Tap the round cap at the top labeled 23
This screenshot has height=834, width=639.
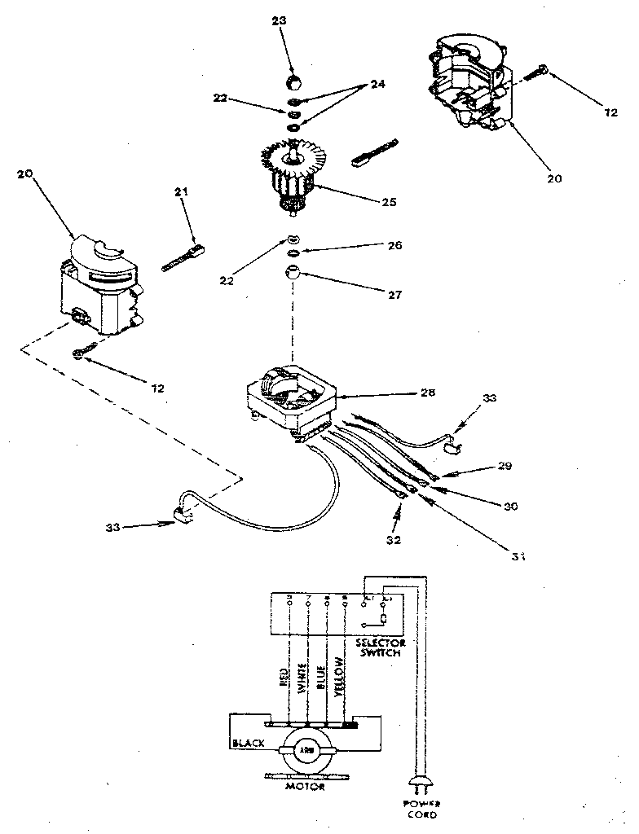(293, 81)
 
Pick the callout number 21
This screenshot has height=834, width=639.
(181, 191)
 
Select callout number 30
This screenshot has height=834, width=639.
(510, 505)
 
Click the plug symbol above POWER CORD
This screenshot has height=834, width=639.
(421, 784)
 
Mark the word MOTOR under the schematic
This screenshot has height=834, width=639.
(307, 787)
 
